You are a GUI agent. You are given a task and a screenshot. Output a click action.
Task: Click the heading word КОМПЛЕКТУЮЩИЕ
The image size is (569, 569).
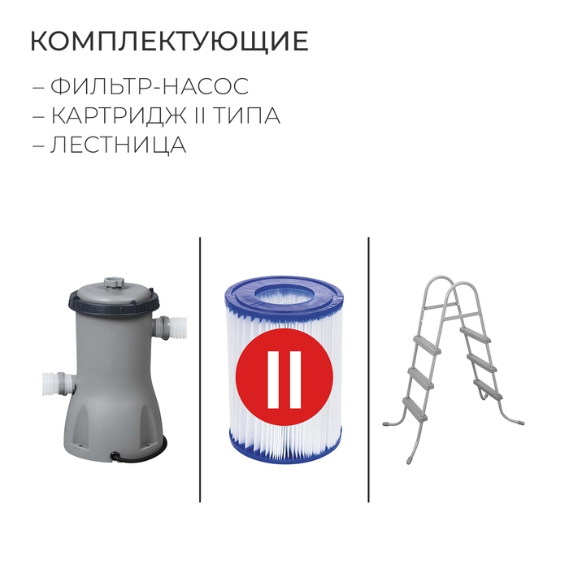pyautogui.click(x=169, y=41)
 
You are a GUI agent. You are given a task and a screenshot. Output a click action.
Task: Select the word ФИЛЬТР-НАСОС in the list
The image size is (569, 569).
pyautogui.click(x=149, y=86)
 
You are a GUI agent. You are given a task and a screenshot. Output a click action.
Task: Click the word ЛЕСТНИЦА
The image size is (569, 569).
pyautogui.click(x=119, y=146)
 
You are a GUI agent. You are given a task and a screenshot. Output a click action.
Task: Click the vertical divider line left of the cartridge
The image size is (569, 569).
pyautogui.click(x=199, y=370)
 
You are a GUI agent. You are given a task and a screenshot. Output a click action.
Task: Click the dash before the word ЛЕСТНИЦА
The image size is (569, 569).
pyautogui.click(x=38, y=146)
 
